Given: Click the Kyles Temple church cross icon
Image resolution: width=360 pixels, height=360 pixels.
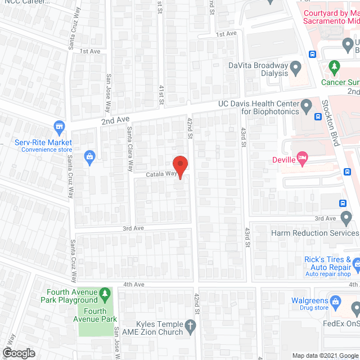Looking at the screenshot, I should click(191, 325).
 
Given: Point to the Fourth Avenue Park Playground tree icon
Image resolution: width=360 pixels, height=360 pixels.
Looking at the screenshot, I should click(104, 294).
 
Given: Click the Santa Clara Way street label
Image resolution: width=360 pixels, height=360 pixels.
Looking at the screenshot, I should click(130, 148).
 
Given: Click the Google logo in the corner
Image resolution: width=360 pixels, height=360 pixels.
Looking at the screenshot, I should click(18, 353).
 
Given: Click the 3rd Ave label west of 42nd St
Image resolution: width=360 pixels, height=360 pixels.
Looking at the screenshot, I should click(134, 228).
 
